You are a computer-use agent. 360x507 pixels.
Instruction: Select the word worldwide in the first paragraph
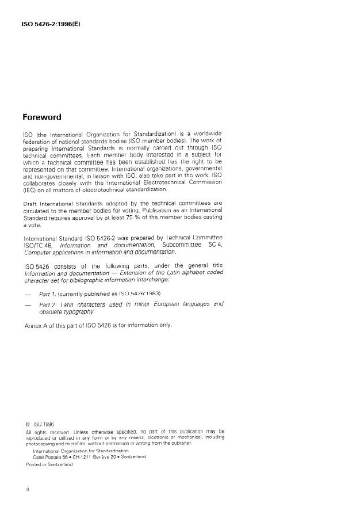click(x=205, y=134)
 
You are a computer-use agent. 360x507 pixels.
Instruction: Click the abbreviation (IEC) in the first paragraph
click(x=29, y=189)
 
